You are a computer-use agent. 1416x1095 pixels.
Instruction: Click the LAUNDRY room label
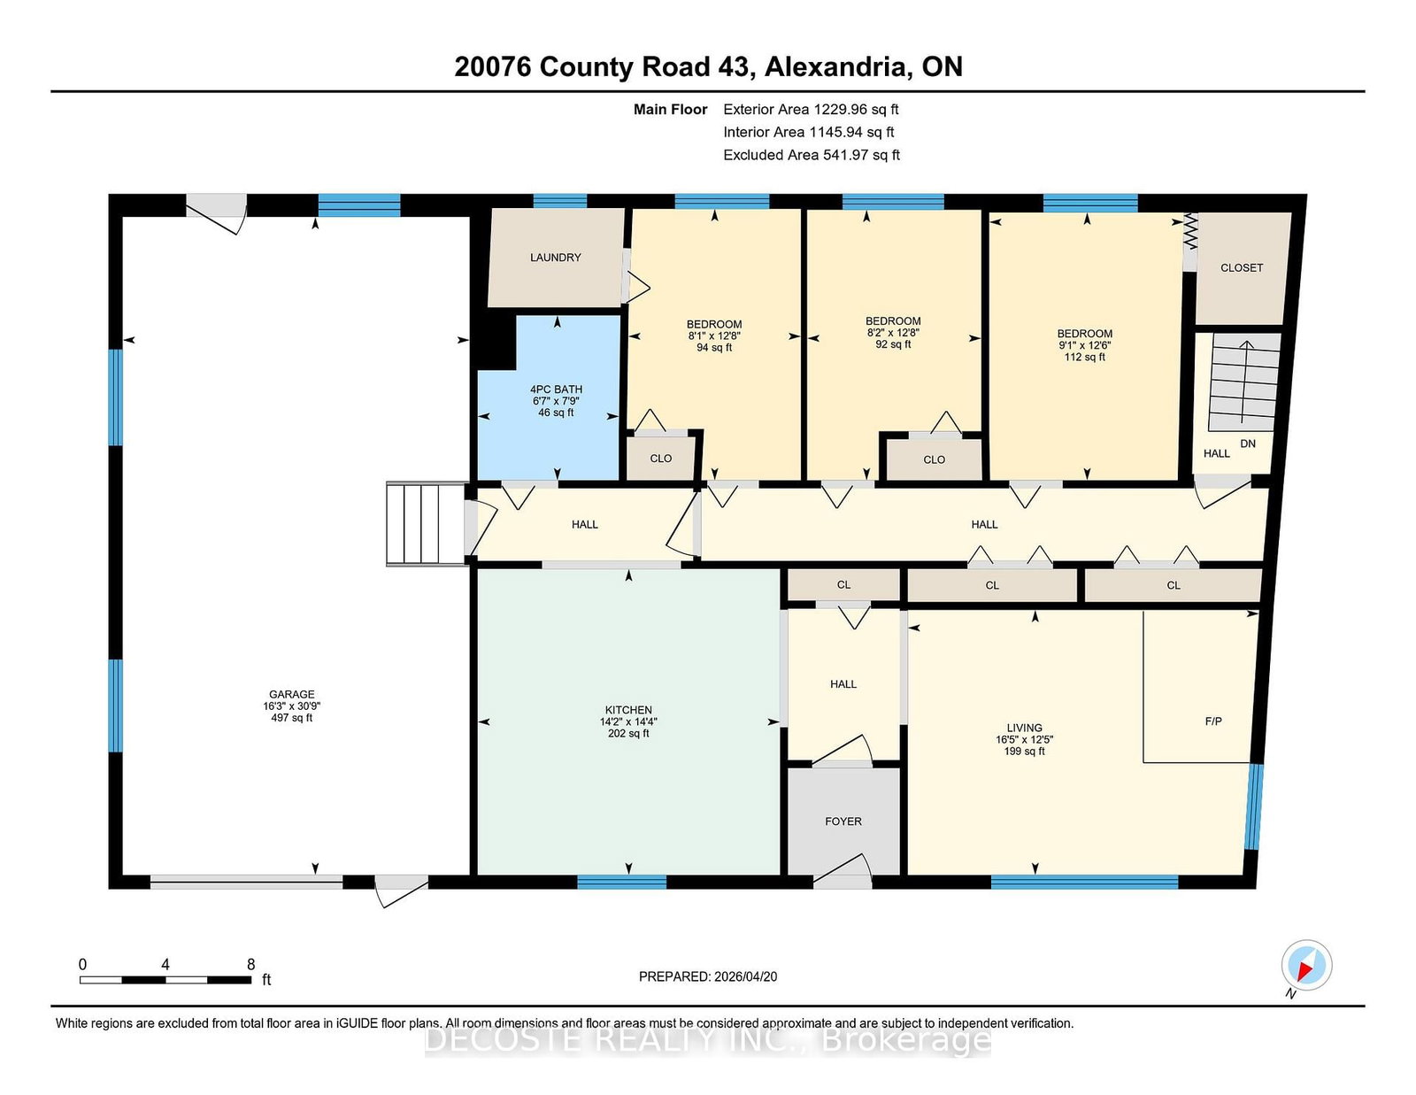[555, 258]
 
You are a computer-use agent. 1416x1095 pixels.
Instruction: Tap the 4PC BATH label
[556, 389]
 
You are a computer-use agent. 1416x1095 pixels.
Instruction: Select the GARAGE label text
[292, 695]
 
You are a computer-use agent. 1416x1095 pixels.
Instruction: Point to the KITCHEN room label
[628, 710]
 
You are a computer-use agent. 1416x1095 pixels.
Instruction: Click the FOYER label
[843, 821]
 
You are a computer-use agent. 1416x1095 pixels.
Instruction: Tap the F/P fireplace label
[1212, 721]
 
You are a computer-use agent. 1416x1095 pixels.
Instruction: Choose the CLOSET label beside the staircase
[1242, 268]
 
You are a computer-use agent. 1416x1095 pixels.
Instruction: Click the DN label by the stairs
[1248, 443]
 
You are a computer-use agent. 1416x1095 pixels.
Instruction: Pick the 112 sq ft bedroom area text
[1084, 357]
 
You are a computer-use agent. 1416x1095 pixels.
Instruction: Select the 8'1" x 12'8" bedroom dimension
[714, 336]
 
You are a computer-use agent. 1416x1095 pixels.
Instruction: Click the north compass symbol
[1306, 966]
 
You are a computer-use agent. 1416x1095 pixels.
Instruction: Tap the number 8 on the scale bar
[250, 964]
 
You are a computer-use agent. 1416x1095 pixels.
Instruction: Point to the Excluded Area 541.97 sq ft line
[812, 155]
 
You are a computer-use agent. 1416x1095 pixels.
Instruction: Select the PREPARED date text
[708, 976]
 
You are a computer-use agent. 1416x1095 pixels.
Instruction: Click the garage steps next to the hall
[427, 524]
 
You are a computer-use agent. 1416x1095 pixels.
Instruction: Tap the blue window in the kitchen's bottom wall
[621, 882]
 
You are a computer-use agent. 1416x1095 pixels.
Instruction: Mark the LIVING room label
[1024, 728]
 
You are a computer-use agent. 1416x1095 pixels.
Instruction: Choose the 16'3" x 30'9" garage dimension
[292, 706]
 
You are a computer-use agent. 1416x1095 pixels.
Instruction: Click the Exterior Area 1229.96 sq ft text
[811, 110]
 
